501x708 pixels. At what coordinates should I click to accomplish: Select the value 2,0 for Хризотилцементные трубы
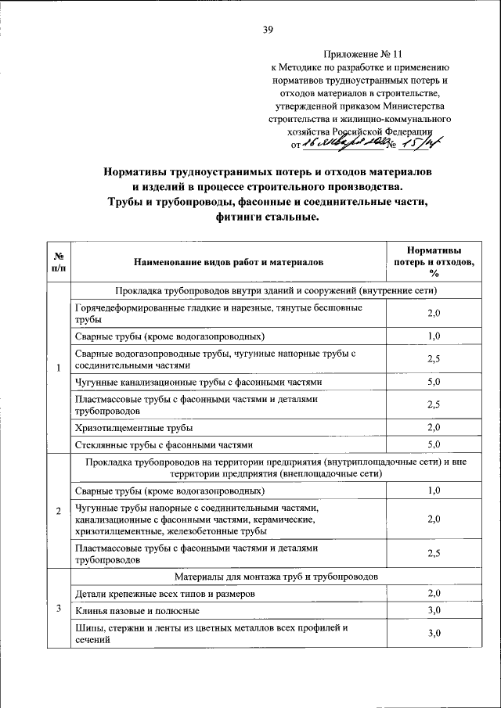pos(434,427)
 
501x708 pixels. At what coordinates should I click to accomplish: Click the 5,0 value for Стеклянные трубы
pos(434,444)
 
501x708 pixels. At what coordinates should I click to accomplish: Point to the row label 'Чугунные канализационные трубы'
pos(198,383)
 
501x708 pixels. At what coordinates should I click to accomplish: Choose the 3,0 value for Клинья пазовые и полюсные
pos(434,609)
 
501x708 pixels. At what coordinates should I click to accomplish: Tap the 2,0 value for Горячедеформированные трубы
pos(434,313)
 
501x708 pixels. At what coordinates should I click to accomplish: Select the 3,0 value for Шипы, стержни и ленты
pos(434,632)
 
